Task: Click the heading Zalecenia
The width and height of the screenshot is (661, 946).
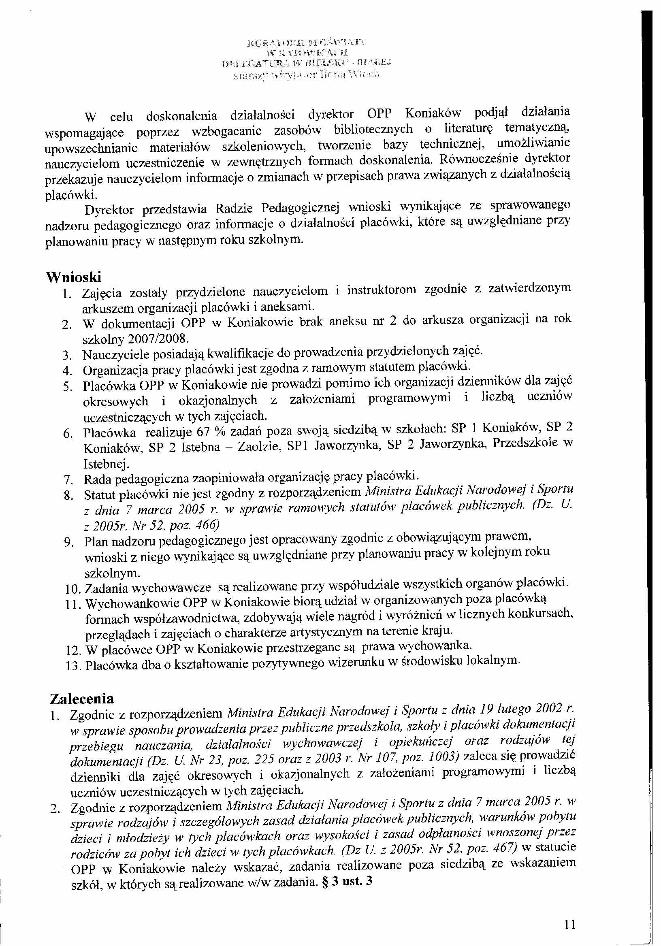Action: pos(81,699)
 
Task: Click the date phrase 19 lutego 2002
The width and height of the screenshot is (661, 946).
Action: pos(523,709)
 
